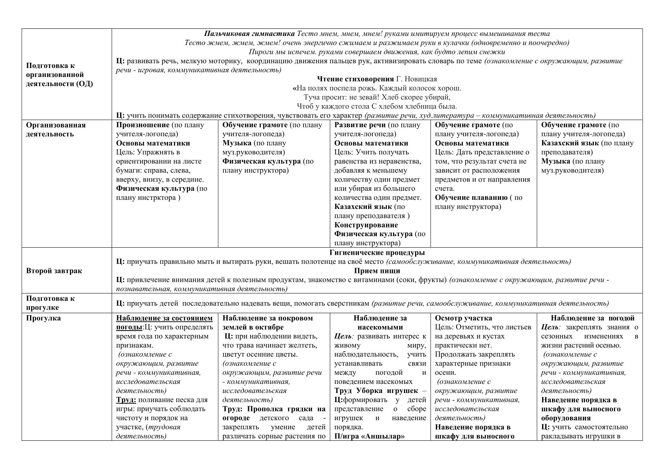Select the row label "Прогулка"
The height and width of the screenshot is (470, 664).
click(x=43, y=318)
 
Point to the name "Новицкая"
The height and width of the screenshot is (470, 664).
click(x=423, y=79)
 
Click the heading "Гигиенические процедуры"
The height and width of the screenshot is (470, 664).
click(x=377, y=252)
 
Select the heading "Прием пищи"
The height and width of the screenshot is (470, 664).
click(x=377, y=271)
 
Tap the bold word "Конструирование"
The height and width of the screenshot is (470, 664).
click(x=366, y=225)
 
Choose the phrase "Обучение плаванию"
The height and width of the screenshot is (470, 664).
click(x=471, y=197)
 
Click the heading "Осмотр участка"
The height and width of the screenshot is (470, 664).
click(x=463, y=318)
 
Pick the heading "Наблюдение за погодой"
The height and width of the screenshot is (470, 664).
click(x=592, y=318)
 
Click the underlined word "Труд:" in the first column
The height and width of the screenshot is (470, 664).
click(x=126, y=400)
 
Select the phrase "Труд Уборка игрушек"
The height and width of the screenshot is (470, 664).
click(x=376, y=391)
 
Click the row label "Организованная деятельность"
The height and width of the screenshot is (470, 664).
click(x=56, y=130)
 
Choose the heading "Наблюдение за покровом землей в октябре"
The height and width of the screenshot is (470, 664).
click(x=267, y=323)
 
